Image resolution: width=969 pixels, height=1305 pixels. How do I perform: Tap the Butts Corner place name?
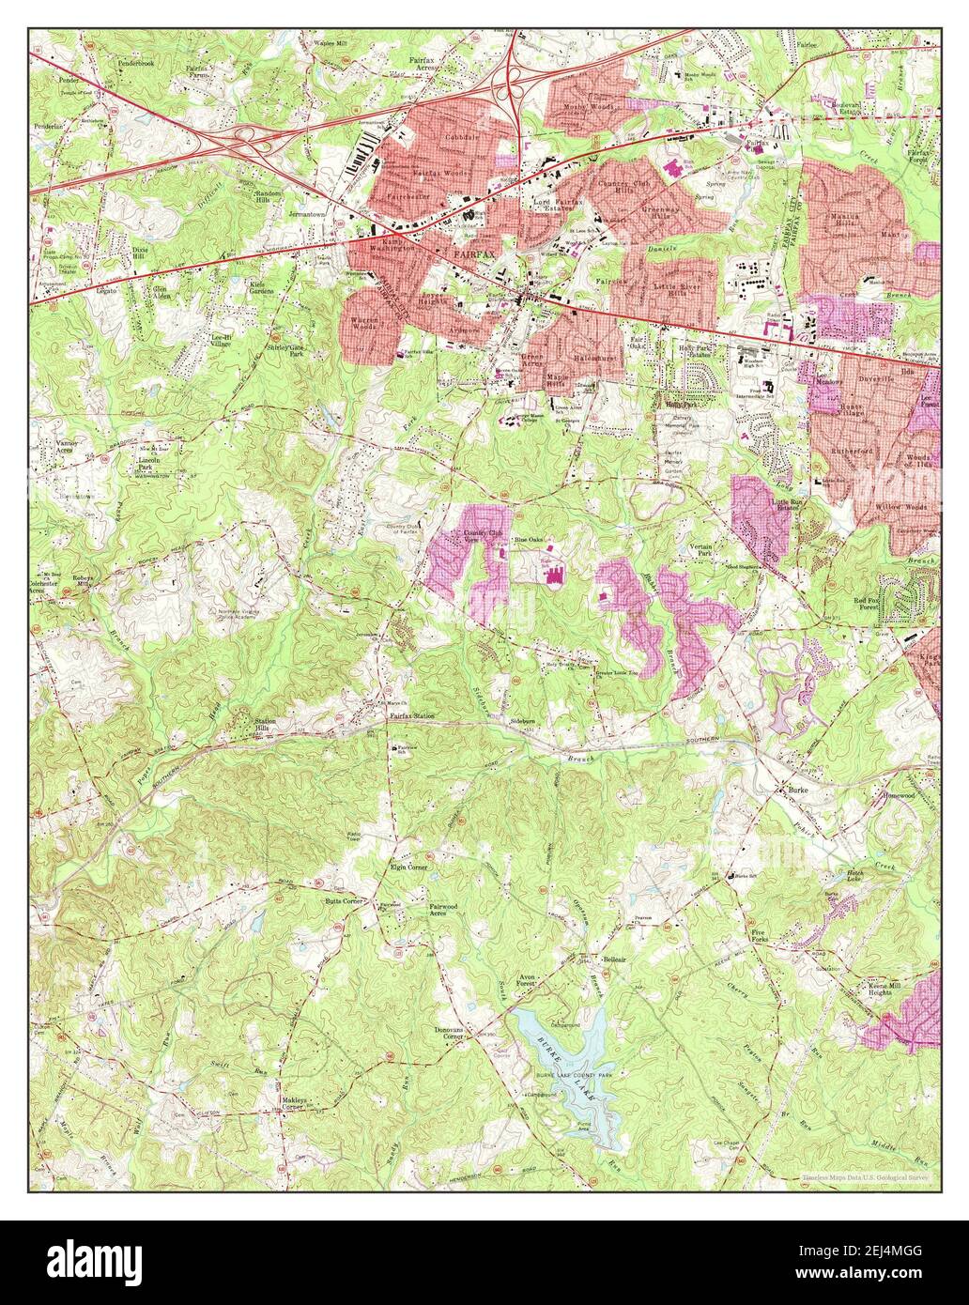point(344,900)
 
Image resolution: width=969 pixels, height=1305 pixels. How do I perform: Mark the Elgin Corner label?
point(408,867)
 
